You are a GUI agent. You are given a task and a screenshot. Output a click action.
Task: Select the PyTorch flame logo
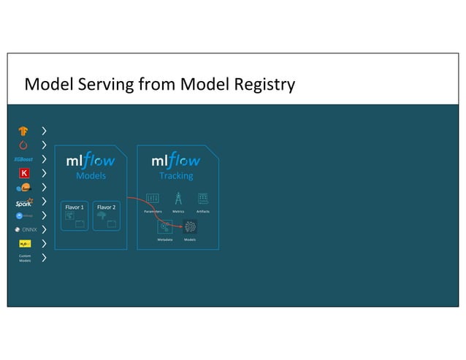coord(24,145)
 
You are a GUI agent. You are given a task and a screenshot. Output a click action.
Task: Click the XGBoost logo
coord(23,159)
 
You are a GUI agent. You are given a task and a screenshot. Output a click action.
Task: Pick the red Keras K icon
coord(24,173)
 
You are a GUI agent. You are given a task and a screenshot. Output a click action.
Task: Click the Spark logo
coord(23,204)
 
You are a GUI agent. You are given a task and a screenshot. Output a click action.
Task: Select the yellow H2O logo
coord(24,244)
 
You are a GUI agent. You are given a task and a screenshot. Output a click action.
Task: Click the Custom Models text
coord(24,258)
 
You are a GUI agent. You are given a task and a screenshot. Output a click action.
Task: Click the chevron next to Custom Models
coord(45,258)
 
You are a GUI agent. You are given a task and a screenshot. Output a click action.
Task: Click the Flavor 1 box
coord(75,215)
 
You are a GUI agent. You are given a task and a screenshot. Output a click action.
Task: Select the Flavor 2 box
coord(107,215)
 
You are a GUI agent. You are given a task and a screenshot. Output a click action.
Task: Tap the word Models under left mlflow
coord(91,176)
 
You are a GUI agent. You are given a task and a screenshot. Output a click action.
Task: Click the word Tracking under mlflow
coord(176,176)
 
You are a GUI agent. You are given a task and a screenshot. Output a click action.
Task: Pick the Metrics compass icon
coord(178,198)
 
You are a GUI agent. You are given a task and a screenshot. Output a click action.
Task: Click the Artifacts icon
coord(203,198)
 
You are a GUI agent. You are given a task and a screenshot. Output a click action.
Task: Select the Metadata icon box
coord(165,227)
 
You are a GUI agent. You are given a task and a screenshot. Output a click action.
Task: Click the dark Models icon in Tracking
coord(190,227)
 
